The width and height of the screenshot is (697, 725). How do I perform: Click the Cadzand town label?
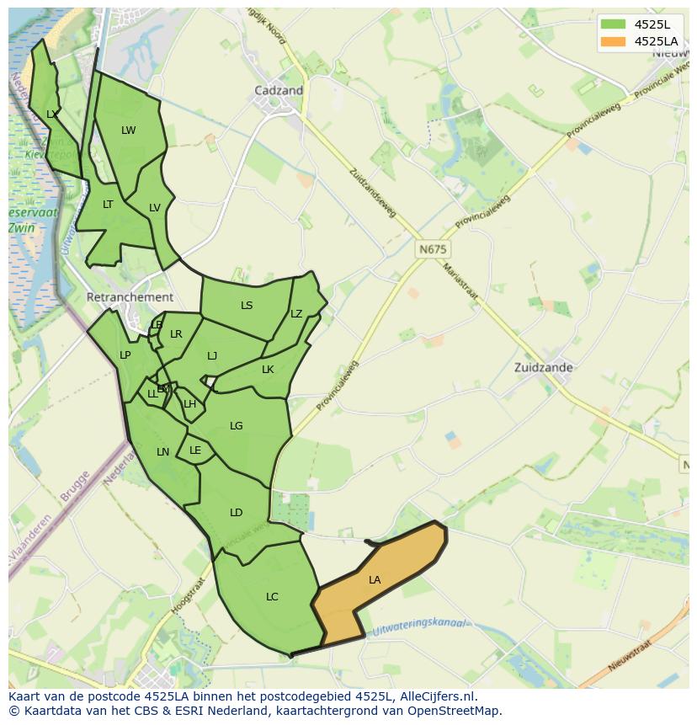[279, 90]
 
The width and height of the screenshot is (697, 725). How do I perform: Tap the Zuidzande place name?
[544, 367]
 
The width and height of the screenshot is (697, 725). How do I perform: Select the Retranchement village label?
[130, 297]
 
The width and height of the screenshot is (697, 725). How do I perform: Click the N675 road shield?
[433, 250]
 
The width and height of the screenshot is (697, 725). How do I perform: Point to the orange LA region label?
[375, 579]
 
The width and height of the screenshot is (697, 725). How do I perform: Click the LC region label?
[272, 596]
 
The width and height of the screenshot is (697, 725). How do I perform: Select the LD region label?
[236, 512]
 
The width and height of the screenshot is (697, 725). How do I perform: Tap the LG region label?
[236, 425]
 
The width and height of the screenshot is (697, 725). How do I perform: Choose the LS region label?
[247, 305]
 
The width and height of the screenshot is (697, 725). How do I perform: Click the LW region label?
[128, 130]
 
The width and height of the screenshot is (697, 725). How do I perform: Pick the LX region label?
[52, 114]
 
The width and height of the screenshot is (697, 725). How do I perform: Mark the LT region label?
[108, 204]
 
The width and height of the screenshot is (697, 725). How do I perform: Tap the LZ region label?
[296, 313]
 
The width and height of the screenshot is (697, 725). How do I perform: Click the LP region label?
[125, 355]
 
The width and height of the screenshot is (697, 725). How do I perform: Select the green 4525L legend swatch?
[612, 24]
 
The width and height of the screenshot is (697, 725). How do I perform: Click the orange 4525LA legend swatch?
[612, 40]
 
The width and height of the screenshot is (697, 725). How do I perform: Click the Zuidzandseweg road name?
[371, 191]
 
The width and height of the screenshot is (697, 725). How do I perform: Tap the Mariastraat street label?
[460, 281]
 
